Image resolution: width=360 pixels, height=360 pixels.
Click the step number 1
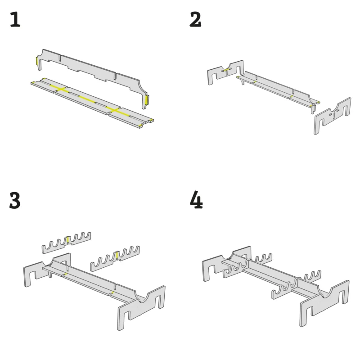(15, 19)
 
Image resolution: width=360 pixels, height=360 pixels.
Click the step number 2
(195, 19)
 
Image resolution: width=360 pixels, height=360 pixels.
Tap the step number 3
(15, 200)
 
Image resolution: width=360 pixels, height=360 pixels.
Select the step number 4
(196, 199)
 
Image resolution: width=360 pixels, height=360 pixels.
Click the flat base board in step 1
(92, 102)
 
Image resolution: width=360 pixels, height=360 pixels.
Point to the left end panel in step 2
(225, 72)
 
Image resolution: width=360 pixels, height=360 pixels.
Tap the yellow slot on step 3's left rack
(68, 240)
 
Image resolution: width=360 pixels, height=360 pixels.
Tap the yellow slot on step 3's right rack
(117, 255)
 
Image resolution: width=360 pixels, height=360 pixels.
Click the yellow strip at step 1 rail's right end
(147, 99)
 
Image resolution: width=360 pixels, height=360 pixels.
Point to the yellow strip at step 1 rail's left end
(37, 61)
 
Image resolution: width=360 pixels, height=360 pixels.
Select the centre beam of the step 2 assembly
(278, 89)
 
